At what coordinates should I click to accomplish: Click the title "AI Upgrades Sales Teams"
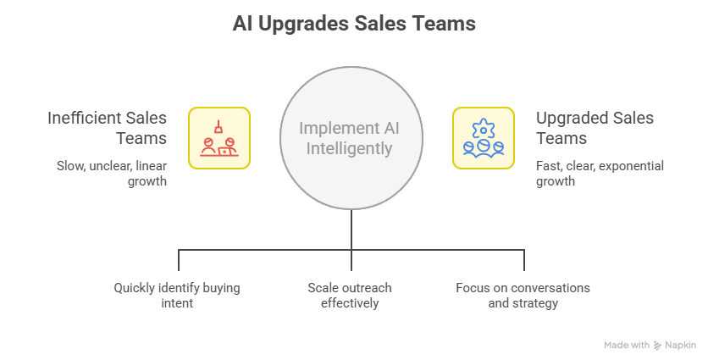(x=354, y=24)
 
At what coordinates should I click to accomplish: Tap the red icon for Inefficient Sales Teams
(x=218, y=138)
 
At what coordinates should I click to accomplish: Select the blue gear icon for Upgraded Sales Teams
(x=484, y=138)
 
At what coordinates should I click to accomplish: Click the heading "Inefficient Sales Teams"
(x=107, y=128)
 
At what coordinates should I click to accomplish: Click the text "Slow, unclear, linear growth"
(x=112, y=173)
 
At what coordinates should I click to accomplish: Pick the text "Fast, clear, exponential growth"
(x=600, y=173)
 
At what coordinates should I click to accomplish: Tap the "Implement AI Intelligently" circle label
(x=351, y=139)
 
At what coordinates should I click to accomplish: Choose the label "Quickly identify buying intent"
(x=177, y=295)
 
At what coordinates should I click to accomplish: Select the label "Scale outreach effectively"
(x=350, y=295)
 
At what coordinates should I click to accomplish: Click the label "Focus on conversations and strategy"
(x=523, y=295)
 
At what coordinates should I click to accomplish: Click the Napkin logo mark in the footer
(x=659, y=346)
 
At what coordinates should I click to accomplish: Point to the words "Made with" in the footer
(x=627, y=346)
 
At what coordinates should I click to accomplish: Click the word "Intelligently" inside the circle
(x=351, y=149)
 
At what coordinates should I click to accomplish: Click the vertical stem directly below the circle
(x=351, y=229)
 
